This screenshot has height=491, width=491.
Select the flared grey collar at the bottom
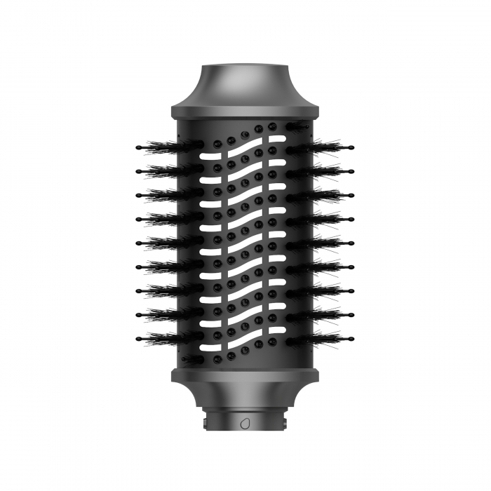(245, 396)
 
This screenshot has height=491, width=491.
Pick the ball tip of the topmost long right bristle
(351, 147)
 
